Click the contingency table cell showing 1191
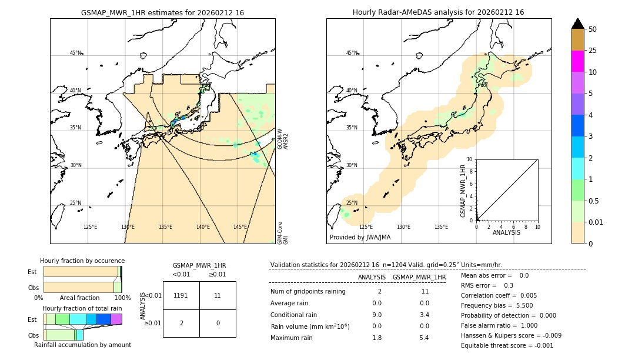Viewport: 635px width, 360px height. point(181,295)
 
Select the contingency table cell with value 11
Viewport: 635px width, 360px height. point(218,295)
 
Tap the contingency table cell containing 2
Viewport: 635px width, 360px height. point(181,323)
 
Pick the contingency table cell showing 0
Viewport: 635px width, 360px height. point(218,323)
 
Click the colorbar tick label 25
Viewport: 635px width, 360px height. point(593,51)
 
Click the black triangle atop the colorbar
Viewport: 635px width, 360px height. point(577,24)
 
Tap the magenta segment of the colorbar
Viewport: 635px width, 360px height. point(577,61)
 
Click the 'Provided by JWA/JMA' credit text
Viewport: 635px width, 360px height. point(360,238)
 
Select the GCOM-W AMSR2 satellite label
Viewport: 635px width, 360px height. point(283,139)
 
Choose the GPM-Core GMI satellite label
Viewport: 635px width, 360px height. point(283,233)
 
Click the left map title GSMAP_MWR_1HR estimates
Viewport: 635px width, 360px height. point(162,12)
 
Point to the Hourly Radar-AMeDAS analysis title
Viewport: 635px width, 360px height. point(438,12)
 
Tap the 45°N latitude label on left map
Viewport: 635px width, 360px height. point(76,53)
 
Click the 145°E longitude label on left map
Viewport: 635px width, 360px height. point(240,227)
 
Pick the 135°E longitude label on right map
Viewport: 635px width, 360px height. point(441,227)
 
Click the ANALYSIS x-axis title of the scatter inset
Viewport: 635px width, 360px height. point(507,232)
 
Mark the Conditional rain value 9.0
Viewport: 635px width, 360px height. point(377,315)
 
